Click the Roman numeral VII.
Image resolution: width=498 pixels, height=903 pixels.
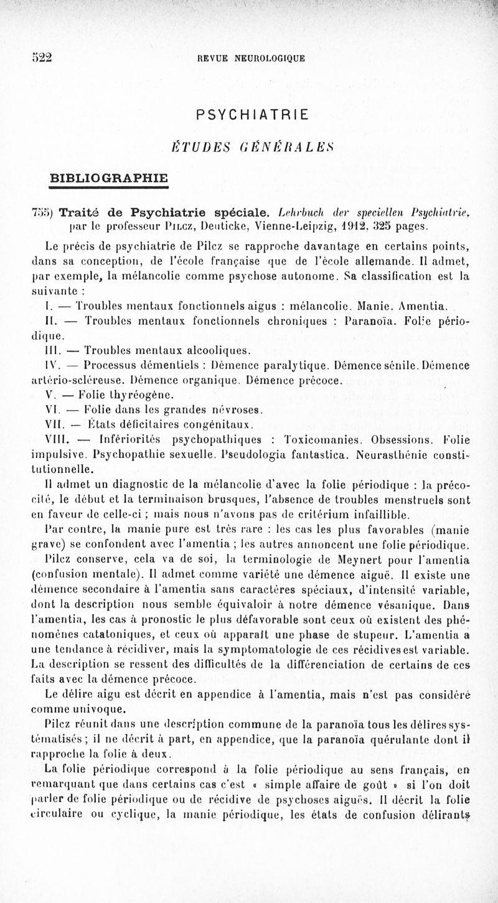pos(47,425)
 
